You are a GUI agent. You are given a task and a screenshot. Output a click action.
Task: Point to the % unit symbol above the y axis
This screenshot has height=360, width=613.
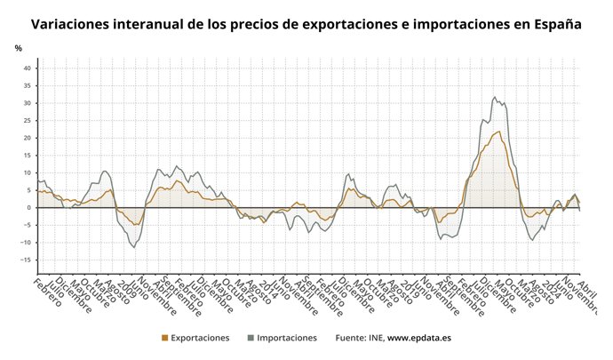coord(18,47)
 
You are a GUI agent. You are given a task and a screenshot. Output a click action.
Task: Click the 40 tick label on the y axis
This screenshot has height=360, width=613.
coord(27,68)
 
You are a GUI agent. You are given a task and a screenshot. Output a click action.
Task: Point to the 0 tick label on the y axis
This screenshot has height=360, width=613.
coord(29,208)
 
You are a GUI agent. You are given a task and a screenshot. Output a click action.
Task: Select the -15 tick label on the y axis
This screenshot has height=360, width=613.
coord(26,260)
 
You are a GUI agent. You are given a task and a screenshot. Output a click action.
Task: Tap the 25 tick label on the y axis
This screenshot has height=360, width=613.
coord(27,121)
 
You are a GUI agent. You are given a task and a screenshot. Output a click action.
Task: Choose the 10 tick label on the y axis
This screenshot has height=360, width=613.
coord(27,173)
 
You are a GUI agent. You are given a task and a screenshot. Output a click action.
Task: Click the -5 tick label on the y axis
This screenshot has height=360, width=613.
coord(28,226)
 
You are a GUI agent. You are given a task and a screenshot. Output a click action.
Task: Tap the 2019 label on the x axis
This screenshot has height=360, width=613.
coord(405,291)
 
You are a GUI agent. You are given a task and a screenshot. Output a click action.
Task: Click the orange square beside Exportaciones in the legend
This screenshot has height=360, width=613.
coord(164,339)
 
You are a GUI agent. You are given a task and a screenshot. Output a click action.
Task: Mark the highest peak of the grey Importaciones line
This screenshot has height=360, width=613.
coord(495,97)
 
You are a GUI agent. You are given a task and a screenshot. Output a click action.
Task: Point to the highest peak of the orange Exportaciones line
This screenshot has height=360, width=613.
coord(499,132)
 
